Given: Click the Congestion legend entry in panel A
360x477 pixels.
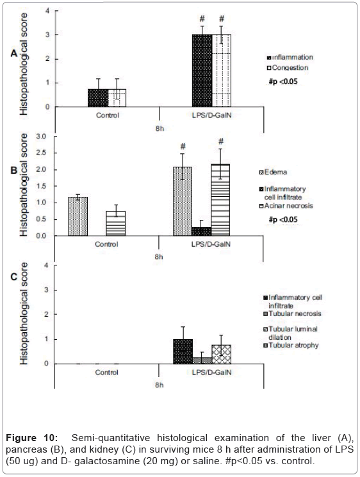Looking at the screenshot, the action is point(288,67).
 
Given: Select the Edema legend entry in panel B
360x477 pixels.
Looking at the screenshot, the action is point(273,172).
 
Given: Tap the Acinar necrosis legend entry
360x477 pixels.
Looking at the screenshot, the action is point(286,206).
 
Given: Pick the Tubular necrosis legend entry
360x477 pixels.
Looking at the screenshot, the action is point(293,314).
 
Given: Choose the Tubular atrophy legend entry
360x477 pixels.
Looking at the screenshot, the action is point(291,346).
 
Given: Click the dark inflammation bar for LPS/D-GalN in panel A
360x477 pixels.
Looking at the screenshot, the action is point(202,71).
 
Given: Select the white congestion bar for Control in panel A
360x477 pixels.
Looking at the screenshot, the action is point(117,98).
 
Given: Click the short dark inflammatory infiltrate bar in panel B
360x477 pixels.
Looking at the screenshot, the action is point(201,231).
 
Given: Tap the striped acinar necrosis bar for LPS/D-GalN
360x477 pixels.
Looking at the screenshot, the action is point(220,200).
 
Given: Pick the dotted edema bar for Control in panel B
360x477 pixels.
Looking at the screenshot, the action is point(78,216).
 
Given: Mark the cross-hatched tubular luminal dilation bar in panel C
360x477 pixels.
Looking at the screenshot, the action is point(222,355).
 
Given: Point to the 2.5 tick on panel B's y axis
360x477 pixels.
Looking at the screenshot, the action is point(42,153).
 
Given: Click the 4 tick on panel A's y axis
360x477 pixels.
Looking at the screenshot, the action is point(47,11).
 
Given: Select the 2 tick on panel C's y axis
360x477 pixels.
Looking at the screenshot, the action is point(47,314).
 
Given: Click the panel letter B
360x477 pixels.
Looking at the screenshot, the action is point(14,170).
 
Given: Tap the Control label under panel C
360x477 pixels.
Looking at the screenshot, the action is point(107,372).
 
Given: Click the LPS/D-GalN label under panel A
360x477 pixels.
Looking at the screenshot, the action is point(211,115).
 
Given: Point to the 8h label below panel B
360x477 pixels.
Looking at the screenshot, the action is point(159,256).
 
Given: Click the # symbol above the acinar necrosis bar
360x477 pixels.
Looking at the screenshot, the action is point(221,141).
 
